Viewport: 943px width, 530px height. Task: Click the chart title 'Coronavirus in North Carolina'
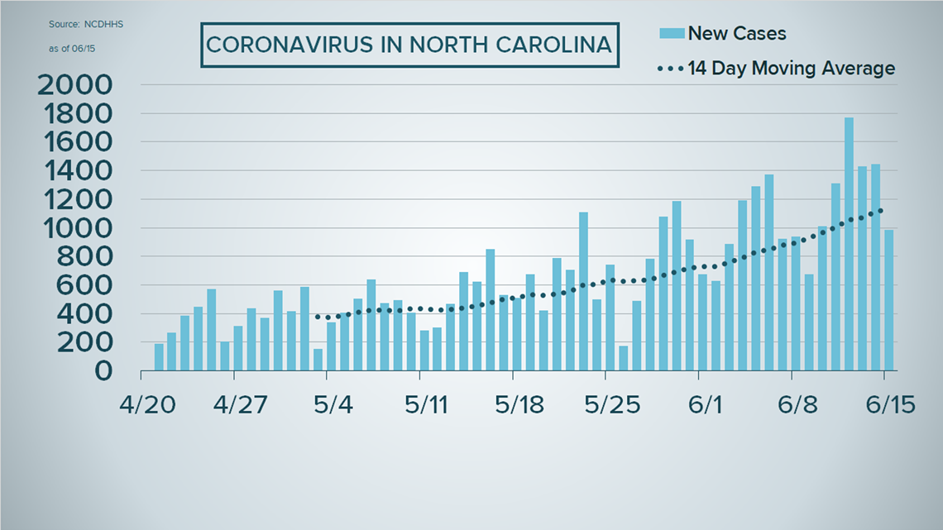[x=409, y=44]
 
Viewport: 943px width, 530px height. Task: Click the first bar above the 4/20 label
[x=159, y=356]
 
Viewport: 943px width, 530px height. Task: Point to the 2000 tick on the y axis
[x=74, y=85]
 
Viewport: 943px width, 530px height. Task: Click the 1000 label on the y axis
[x=74, y=228]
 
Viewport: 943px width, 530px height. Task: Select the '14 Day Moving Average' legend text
[x=791, y=68]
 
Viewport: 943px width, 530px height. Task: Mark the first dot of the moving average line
[x=317, y=316]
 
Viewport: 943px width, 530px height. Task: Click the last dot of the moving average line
[x=882, y=210]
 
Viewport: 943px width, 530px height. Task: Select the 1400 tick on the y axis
[x=74, y=171]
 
